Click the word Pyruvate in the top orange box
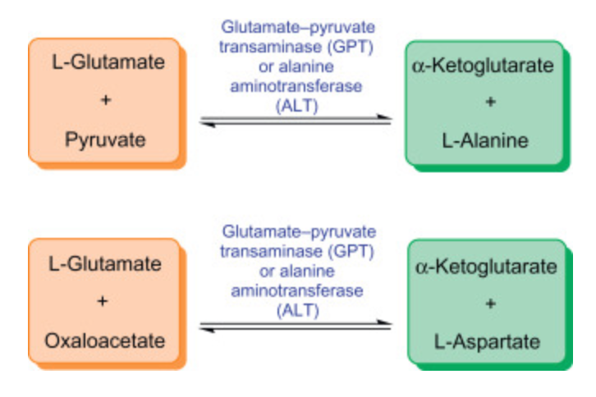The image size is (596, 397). [104, 140]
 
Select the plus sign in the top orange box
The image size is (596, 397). [104, 101]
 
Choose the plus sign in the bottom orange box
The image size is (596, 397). [103, 301]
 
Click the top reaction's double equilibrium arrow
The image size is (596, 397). [296, 121]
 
